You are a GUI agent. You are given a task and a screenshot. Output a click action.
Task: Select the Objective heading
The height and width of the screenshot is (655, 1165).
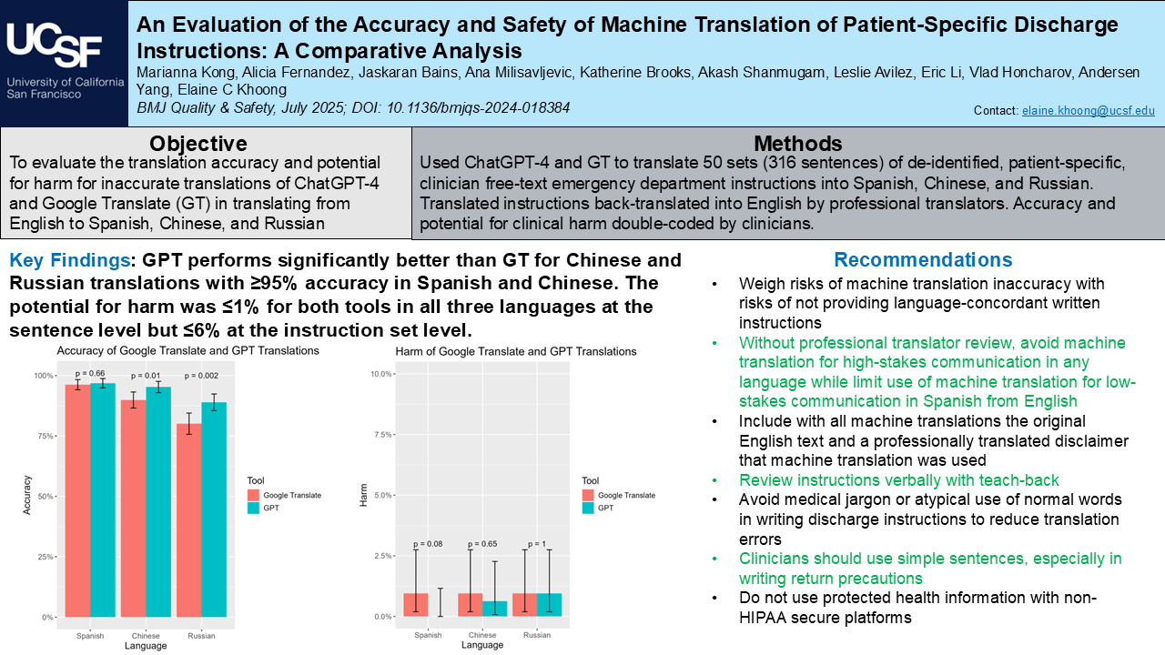(x=198, y=144)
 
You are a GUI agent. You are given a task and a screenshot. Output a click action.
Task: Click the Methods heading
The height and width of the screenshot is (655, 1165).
(x=798, y=144)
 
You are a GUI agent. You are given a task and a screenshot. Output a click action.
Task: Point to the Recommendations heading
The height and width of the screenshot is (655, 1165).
(x=923, y=260)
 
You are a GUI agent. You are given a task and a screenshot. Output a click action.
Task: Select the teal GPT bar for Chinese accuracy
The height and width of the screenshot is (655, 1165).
(x=158, y=501)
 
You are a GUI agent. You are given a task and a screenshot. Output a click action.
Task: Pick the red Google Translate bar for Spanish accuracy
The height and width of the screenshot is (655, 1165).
(x=77, y=500)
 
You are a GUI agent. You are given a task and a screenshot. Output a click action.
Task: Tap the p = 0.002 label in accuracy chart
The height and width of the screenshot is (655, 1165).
(x=203, y=375)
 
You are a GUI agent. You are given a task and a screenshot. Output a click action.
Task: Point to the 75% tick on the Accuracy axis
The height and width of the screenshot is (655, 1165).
(x=43, y=436)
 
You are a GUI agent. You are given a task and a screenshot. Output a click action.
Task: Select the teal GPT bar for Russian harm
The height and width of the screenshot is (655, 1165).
(x=549, y=605)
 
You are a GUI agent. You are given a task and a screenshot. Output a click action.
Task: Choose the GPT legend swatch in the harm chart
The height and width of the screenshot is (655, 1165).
(x=591, y=509)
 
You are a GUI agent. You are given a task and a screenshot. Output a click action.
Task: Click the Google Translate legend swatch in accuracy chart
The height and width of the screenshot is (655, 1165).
(x=255, y=495)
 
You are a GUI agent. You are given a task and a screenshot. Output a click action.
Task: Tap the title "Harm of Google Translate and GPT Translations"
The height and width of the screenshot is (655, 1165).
(x=516, y=351)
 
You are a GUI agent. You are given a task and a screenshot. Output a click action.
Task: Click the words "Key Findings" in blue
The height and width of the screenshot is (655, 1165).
(x=69, y=260)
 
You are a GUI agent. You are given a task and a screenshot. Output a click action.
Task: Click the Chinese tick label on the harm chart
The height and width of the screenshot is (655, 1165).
(x=482, y=635)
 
